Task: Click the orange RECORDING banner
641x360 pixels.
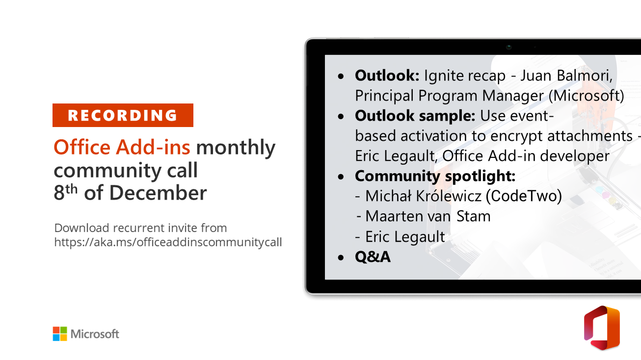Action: tap(123, 115)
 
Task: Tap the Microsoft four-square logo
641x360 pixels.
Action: tap(60, 334)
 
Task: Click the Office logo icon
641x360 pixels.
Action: tap(602, 328)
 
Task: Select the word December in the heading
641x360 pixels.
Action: tap(158, 193)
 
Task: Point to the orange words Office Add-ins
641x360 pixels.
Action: tap(122, 147)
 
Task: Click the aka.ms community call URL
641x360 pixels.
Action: tap(168, 242)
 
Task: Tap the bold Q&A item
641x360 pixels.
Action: tap(373, 257)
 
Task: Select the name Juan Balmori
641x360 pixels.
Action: tap(566, 76)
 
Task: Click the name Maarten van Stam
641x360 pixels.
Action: tap(428, 216)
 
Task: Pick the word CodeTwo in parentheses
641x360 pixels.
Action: tap(524, 196)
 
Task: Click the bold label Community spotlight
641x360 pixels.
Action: tap(435, 177)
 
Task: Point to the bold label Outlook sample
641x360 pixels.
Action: tap(415, 116)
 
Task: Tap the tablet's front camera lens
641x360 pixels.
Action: tap(508, 47)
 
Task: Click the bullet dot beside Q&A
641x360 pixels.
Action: tap(341, 257)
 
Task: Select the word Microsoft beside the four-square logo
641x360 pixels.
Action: tap(95, 334)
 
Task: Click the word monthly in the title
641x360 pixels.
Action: tap(236, 148)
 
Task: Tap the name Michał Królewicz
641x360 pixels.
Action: tap(423, 196)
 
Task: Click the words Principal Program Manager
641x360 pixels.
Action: tap(449, 96)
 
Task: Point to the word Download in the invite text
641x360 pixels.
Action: tap(82, 228)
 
